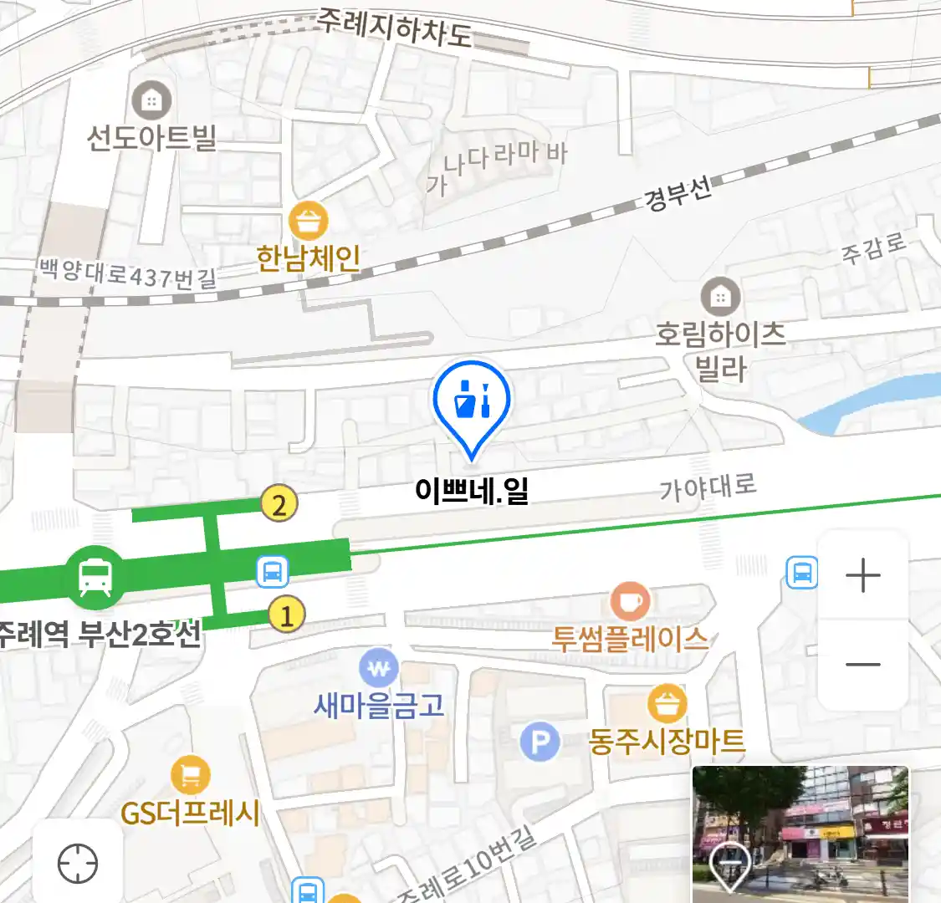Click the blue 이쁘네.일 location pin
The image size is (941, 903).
pyautogui.click(x=472, y=402)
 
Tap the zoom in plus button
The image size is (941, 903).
pyautogui.click(x=863, y=576)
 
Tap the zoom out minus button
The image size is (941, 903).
pyautogui.click(x=863, y=665)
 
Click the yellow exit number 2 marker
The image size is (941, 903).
pyautogui.click(x=279, y=504)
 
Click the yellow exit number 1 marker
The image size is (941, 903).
pyautogui.click(x=286, y=615)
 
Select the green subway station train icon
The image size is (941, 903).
pyautogui.click(x=95, y=576)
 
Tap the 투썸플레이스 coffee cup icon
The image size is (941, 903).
pyautogui.click(x=631, y=601)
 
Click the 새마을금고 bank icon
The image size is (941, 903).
pyautogui.click(x=379, y=668)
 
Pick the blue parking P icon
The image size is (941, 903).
pyautogui.click(x=540, y=742)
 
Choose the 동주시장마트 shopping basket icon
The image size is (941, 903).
pyautogui.click(x=667, y=704)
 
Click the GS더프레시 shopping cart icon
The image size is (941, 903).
pyautogui.click(x=190, y=776)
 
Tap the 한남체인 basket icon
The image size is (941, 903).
pyautogui.click(x=309, y=222)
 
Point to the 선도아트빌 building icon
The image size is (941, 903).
pyautogui.click(x=151, y=101)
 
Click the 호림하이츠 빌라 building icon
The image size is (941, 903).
pyautogui.click(x=720, y=296)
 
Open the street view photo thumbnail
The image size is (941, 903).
pyautogui.click(x=800, y=834)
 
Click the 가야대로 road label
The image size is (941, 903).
pyautogui.click(x=708, y=487)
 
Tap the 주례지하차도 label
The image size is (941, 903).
pyautogui.click(x=393, y=28)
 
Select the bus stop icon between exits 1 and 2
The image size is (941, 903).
pyautogui.click(x=273, y=572)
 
